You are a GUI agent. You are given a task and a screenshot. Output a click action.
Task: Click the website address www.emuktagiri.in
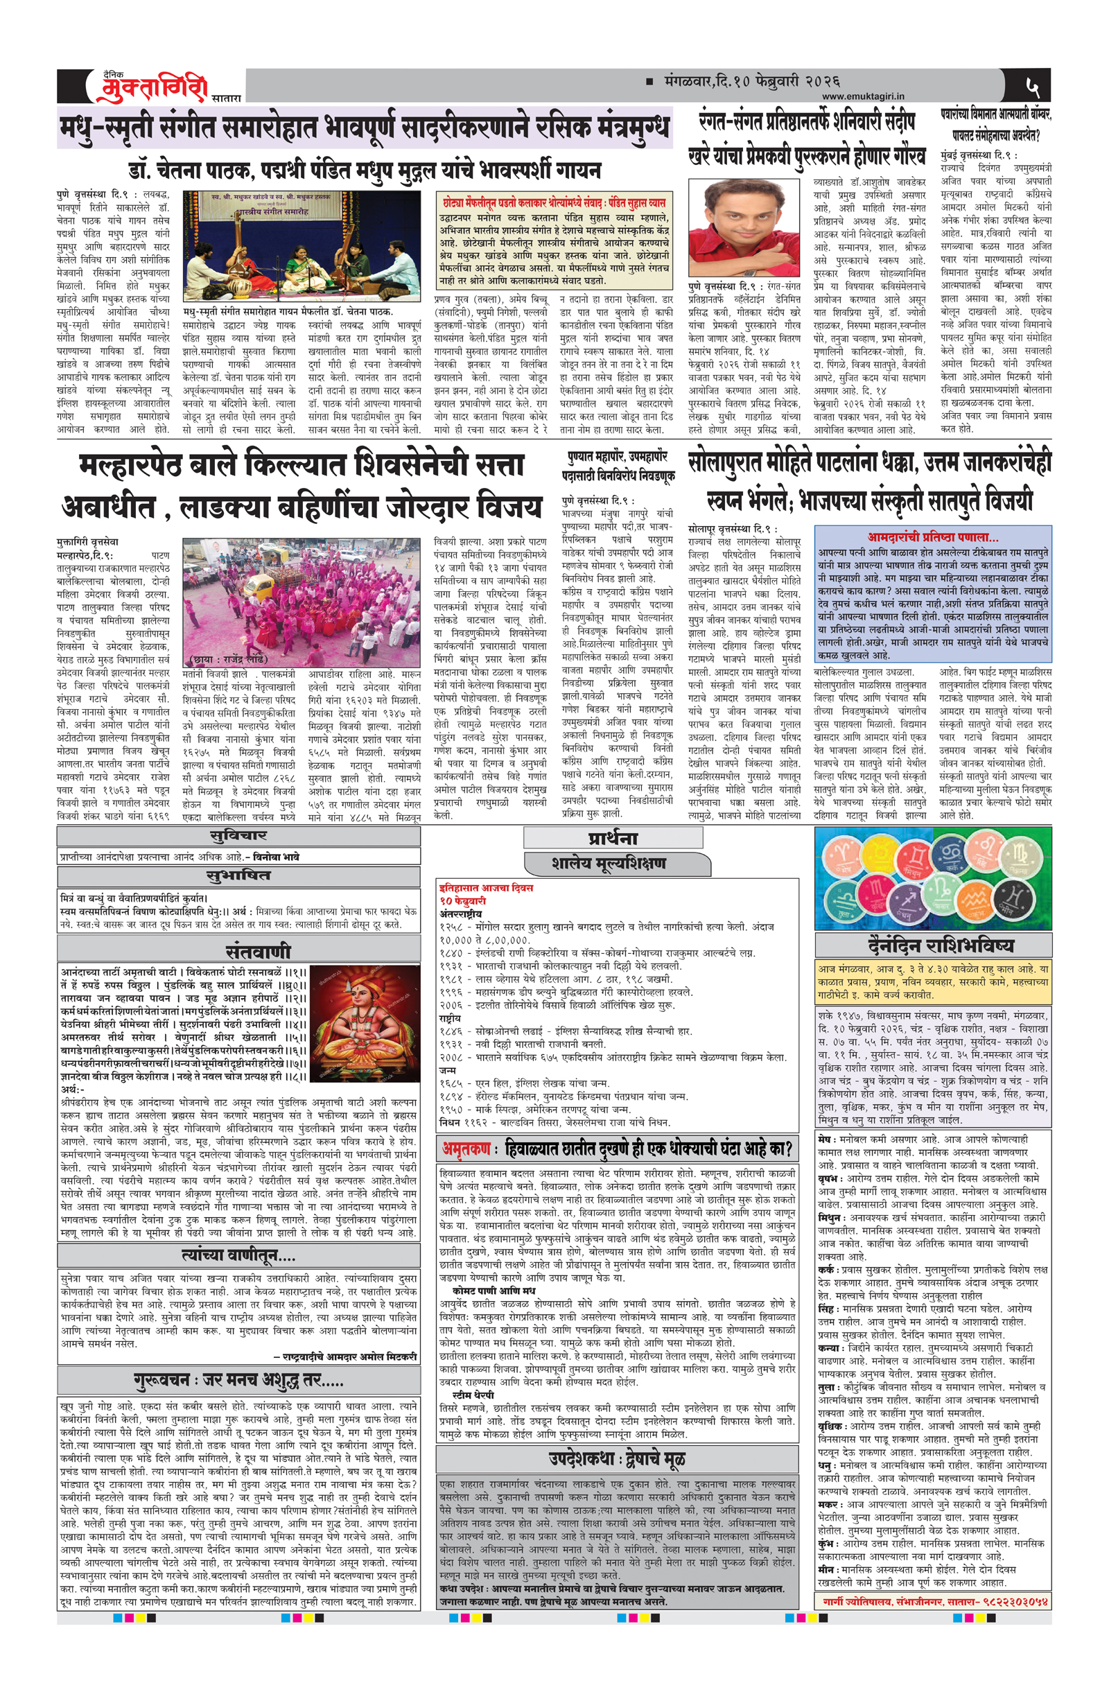(x=862, y=96)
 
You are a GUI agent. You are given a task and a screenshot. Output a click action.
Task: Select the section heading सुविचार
(x=238, y=836)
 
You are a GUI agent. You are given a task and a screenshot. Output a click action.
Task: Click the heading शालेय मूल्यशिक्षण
(x=608, y=864)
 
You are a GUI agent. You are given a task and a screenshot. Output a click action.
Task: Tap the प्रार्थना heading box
(x=611, y=837)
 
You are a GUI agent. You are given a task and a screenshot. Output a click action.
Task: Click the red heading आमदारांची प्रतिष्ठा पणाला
(x=932, y=536)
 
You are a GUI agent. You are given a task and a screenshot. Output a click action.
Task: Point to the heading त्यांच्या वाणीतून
(x=238, y=1255)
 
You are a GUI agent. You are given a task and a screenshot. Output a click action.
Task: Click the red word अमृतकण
(x=466, y=1148)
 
